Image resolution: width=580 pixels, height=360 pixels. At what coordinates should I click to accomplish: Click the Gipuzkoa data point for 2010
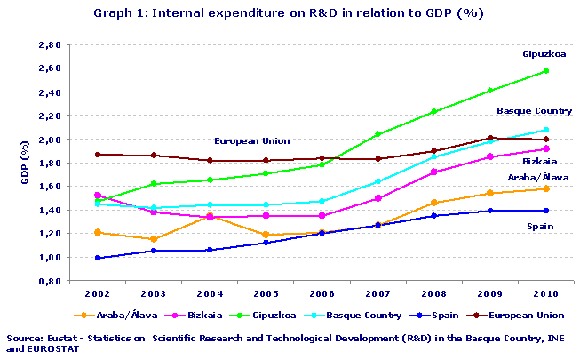coord(545,70)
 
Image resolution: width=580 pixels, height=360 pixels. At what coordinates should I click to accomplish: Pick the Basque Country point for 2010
coord(545,130)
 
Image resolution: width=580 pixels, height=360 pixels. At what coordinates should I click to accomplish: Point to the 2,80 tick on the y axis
coord(75,44)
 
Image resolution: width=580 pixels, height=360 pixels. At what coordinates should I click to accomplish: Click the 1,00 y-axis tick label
coord(75,258)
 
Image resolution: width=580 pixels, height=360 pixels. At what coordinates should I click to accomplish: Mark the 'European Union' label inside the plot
coord(252,141)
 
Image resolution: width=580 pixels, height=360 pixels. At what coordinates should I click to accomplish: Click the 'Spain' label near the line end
coord(540,228)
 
